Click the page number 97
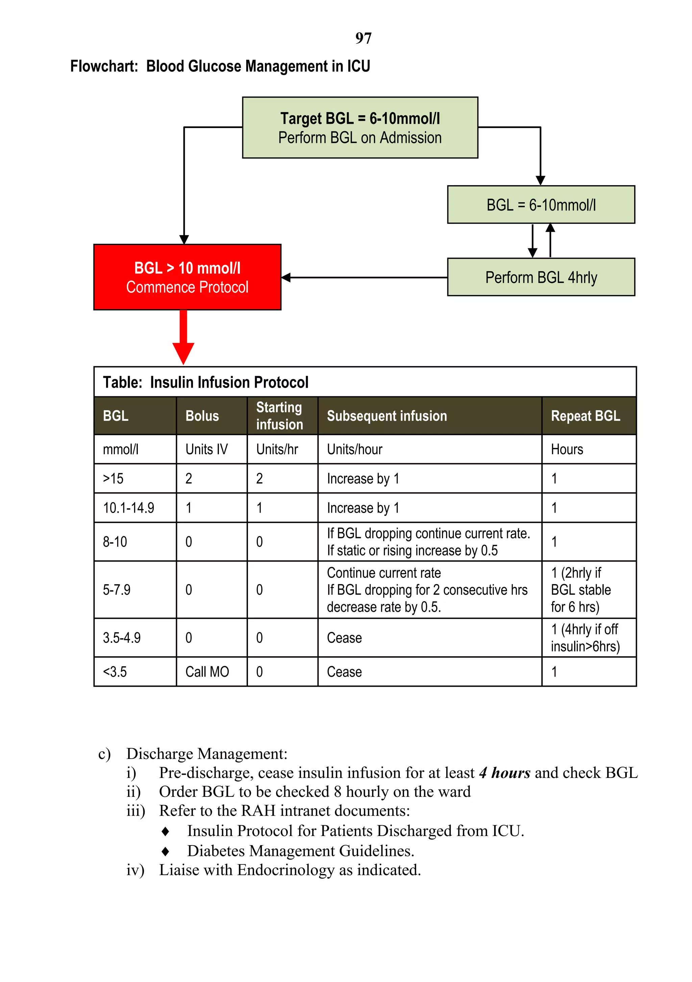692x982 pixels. click(x=363, y=38)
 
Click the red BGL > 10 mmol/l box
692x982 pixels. click(x=187, y=277)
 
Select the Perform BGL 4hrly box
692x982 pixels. click(x=541, y=277)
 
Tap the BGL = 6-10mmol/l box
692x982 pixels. click(x=541, y=205)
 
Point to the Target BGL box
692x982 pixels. click(x=360, y=127)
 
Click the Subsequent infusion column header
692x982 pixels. click(x=387, y=416)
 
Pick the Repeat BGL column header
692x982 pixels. click(x=585, y=416)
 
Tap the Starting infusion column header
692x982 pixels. click(x=279, y=416)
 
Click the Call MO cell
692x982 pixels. click(x=207, y=671)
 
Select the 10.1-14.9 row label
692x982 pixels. click(x=128, y=508)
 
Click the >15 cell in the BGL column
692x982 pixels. click(x=113, y=478)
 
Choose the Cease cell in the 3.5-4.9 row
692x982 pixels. click(x=344, y=638)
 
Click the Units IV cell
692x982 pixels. click(x=206, y=449)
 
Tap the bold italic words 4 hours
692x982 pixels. click(x=505, y=773)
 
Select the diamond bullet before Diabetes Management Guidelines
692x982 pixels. click(x=166, y=852)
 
